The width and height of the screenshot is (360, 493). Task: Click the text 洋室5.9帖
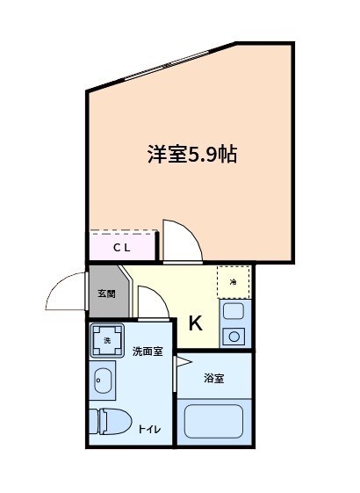[x=192, y=155]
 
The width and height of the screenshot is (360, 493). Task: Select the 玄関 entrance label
[x=106, y=294]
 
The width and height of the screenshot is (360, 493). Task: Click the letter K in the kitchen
[x=195, y=323]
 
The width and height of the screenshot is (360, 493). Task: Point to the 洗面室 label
[x=148, y=352]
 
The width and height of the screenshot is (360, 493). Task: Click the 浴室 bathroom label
[x=214, y=379]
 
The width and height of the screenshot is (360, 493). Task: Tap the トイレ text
[x=148, y=429]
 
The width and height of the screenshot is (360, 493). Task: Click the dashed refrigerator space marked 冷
[x=234, y=282]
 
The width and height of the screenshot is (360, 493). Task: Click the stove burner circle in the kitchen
[x=234, y=335]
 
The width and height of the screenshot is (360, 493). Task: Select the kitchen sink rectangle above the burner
[x=234, y=311]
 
